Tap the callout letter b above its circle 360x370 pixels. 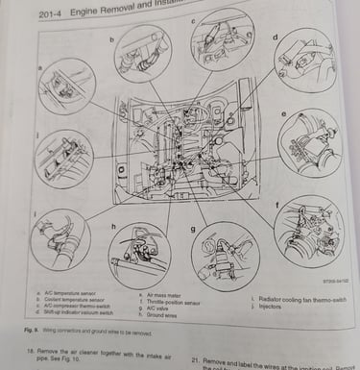click(111, 40)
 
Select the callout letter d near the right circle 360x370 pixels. click(276, 37)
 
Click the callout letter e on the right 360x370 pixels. click(285, 114)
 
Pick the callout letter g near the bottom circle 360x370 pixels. click(194, 229)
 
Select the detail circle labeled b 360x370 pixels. click(142, 55)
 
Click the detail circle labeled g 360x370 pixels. click(224, 257)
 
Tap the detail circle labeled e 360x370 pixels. click(309, 143)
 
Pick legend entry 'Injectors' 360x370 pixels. click(268, 306)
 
